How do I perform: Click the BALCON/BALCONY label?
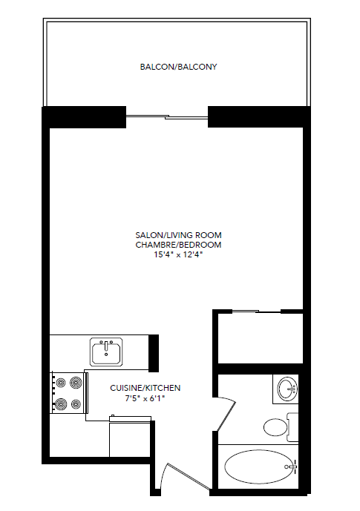(x=178, y=67)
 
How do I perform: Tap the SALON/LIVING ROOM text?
(x=178, y=235)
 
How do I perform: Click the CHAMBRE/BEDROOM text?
(x=178, y=244)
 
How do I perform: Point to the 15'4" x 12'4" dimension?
(x=178, y=254)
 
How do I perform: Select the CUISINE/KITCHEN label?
(x=145, y=388)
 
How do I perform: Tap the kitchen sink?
(x=107, y=352)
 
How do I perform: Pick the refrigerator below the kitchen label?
(x=131, y=438)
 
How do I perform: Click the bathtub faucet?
(x=293, y=467)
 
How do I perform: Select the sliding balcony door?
(x=167, y=116)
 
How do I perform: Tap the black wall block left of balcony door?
(x=83, y=117)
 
